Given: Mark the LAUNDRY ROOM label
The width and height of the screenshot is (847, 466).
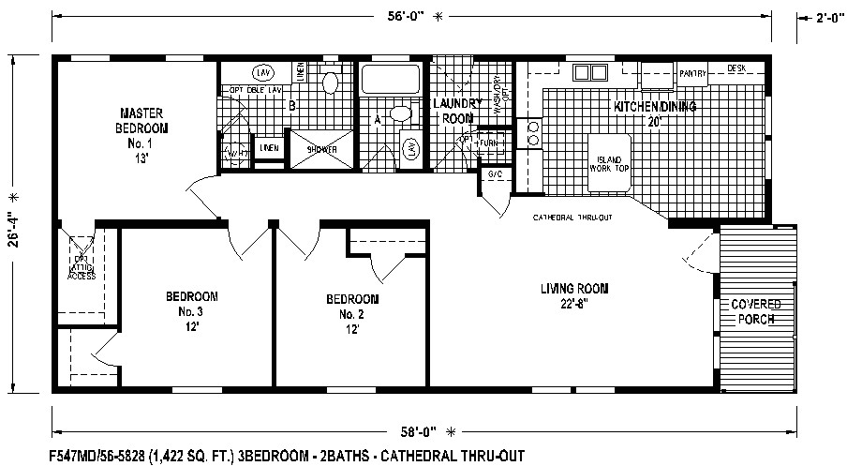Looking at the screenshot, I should (457, 111).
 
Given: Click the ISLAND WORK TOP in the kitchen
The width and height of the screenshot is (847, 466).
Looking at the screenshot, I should (608, 165).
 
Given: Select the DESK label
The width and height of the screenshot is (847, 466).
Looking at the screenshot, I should (736, 68).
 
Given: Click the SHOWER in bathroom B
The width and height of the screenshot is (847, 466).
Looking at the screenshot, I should (321, 148).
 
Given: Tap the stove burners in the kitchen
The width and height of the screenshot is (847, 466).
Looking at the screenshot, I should (535, 133).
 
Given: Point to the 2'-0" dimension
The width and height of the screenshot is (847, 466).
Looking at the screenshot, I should (822, 16).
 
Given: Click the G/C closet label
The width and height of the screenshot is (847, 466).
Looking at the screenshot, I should (493, 175).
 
